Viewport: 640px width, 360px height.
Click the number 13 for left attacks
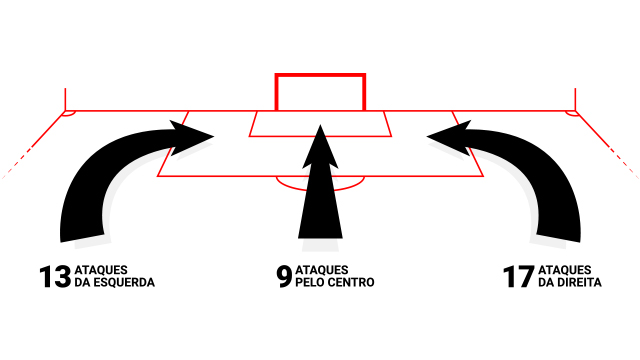55,277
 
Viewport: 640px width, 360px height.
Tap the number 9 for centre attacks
284,277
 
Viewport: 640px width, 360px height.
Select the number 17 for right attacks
519,277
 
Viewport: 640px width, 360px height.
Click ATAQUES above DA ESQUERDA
101,270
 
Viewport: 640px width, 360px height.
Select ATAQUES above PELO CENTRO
322,270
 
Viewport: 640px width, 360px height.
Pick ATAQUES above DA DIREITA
565,270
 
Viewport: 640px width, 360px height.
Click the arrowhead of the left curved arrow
191,138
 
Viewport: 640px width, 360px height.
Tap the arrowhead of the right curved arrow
449,138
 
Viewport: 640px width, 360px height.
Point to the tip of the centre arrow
320,125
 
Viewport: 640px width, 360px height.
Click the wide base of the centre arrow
320,236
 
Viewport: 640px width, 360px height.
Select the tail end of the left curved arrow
82,238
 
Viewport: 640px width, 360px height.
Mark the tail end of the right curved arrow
558,238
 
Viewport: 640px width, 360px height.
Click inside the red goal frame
320,93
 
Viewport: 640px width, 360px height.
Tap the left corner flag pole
65,99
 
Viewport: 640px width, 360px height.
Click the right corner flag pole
575,99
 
